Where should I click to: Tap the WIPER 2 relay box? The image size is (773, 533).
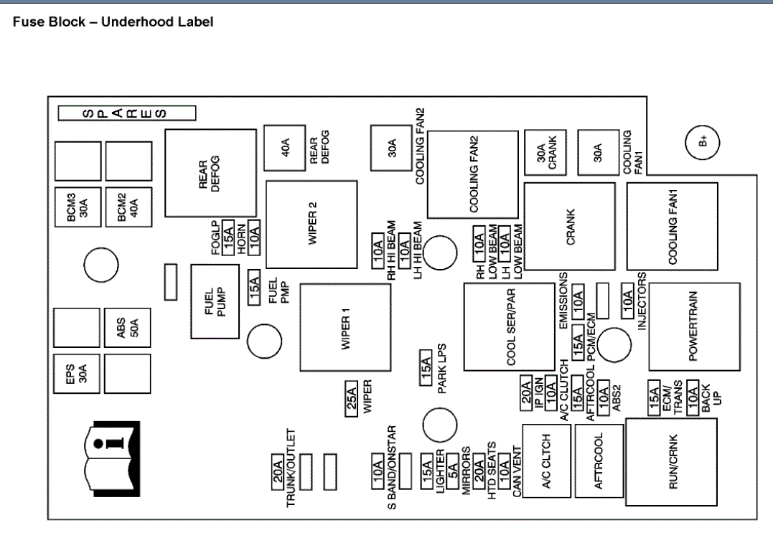pos(311,224)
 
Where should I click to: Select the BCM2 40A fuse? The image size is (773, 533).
pos(128,209)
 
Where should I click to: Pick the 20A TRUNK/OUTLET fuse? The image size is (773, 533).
pos(277,473)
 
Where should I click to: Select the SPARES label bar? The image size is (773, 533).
pos(127,113)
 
